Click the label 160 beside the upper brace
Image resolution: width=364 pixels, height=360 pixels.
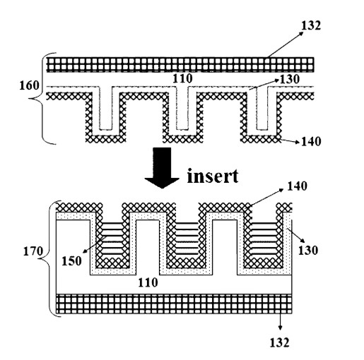(29, 85)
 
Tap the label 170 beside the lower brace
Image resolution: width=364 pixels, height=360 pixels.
(33, 251)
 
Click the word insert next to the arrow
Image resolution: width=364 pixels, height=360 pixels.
(213, 176)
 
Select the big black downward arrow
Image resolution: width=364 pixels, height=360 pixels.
(162, 168)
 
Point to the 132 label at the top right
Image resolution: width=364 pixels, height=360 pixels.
(311, 25)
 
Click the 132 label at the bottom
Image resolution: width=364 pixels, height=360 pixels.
(280, 342)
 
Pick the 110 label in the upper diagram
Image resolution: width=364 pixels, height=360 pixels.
(182, 78)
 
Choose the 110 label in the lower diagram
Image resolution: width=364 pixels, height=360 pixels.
(148, 282)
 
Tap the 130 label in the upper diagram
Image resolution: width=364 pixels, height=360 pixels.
(290, 79)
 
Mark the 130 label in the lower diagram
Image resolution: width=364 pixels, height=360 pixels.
(308, 250)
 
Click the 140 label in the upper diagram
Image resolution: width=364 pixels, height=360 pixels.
(311, 141)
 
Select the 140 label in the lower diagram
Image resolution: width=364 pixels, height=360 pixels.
(297, 186)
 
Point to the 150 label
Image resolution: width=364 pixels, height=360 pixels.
(71, 260)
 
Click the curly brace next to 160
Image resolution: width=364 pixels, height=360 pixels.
(43, 98)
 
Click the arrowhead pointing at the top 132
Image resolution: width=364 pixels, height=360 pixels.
(301, 33)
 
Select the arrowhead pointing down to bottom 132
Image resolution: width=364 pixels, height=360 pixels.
(280, 328)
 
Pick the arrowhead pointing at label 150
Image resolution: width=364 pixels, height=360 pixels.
(85, 251)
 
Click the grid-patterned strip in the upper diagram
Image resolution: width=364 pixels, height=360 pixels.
(180, 64)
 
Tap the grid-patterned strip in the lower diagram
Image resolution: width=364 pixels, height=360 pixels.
(175, 304)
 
